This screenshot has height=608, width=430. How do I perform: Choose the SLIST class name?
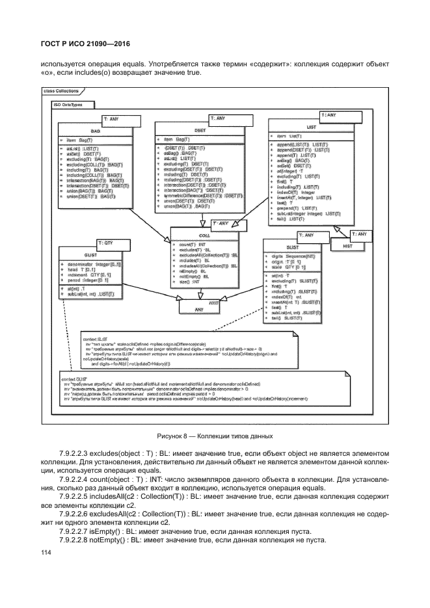293,248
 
